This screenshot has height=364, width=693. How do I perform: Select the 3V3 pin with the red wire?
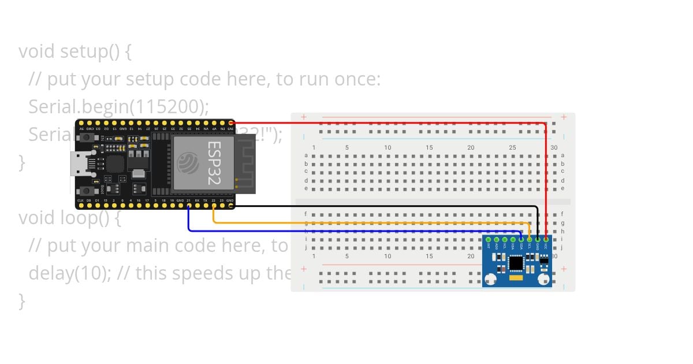[231, 123]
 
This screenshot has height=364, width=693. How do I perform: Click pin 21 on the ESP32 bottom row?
[188, 206]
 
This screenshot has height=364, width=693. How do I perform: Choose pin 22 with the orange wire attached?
[214, 206]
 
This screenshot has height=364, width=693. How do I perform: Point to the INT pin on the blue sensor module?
[489, 239]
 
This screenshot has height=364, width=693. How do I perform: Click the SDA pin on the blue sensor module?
[521, 239]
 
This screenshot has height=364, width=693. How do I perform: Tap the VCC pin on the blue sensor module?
[546, 239]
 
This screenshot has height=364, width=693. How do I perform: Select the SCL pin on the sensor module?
[530, 239]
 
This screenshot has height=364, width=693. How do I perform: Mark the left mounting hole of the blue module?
[490, 280]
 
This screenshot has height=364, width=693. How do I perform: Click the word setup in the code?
[84, 51]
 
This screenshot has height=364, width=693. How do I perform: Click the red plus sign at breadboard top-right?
[564, 117]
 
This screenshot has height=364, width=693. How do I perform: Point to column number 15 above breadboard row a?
[429, 147]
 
